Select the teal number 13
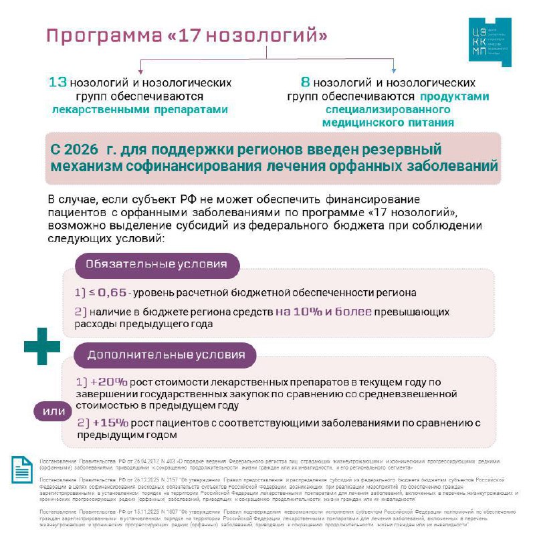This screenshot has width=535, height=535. pos(58,82)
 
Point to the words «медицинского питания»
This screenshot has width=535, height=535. pos(388,123)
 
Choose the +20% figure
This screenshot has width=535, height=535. pos(110,382)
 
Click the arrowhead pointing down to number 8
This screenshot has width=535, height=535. pos(394,70)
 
